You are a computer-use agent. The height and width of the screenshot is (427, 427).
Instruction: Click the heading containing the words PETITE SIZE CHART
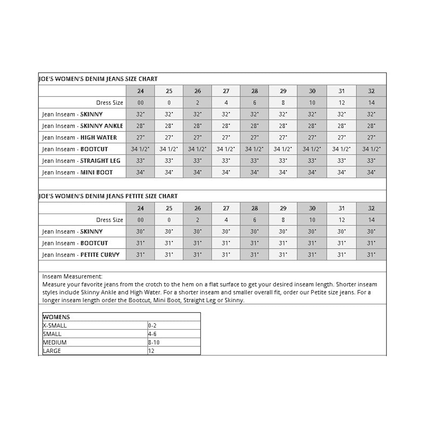pyautogui.click(x=108, y=196)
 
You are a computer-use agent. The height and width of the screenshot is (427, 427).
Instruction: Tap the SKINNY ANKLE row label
pyautogui.click(x=82, y=126)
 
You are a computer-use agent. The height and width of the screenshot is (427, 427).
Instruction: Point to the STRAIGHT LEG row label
pyautogui.click(x=81, y=161)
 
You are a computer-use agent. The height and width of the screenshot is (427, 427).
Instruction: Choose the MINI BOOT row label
pyautogui.click(x=77, y=173)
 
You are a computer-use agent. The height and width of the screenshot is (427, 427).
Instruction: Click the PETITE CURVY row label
pyautogui.click(x=81, y=255)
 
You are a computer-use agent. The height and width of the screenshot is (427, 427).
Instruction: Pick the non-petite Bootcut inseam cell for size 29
pyautogui.click(x=283, y=149)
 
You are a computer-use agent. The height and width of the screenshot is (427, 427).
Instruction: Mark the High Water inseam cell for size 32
pyautogui.click(x=371, y=137)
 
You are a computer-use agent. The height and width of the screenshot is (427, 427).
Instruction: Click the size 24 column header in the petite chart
pyautogui.click(x=140, y=208)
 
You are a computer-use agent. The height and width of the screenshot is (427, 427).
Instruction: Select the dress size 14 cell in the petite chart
pyautogui.click(x=371, y=220)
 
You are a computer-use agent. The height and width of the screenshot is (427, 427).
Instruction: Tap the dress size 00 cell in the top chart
pyautogui.click(x=140, y=102)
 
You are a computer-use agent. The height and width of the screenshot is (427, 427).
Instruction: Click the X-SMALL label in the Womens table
pyautogui.click(x=55, y=325)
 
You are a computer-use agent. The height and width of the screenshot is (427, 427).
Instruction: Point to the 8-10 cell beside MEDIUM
pyautogui.click(x=154, y=342)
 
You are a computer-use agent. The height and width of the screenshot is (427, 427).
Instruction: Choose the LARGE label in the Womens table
pyautogui.click(x=52, y=351)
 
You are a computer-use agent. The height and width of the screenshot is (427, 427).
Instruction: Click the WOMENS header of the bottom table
pyautogui.click(x=56, y=317)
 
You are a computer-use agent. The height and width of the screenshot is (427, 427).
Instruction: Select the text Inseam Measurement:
pyautogui.click(x=72, y=276)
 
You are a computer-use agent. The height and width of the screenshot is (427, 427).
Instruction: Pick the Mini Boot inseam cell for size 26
pyautogui.click(x=197, y=173)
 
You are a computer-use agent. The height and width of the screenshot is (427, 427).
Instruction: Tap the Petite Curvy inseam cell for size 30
pyautogui.click(x=312, y=255)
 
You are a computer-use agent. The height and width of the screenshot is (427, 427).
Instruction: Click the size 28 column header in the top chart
pyautogui.click(x=254, y=91)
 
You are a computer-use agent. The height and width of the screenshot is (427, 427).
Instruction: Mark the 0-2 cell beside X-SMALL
pyautogui.click(x=152, y=325)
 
